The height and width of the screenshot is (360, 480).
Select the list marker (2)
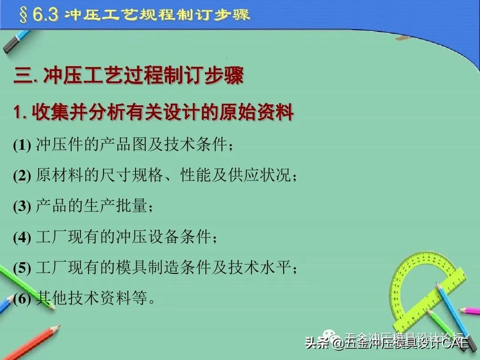[21, 176]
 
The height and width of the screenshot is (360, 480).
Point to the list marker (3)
[21, 207]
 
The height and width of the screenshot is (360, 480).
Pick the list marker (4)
[21, 237]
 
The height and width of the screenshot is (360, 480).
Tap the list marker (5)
[21, 268]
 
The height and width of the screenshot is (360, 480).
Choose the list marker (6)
[21, 299]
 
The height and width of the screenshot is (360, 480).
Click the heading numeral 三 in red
[22, 76]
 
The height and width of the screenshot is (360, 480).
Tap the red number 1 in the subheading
[17, 113]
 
